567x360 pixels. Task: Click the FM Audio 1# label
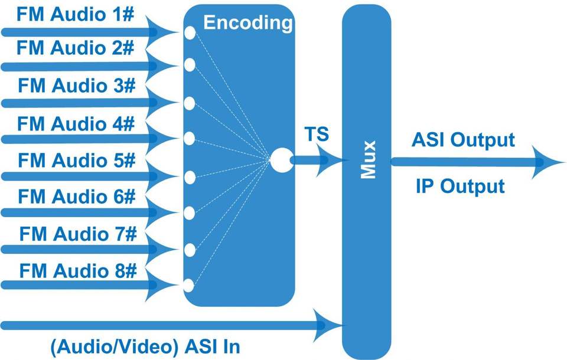click(x=75, y=14)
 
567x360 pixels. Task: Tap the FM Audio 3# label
click(x=77, y=86)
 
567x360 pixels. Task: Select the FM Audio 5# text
click(x=77, y=160)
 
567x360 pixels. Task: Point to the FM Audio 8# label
click(x=78, y=271)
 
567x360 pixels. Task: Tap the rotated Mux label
click(x=369, y=160)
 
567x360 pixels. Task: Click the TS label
click(x=317, y=134)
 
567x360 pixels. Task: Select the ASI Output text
click(x=463, y=140)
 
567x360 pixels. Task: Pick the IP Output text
click(x=460, y=187)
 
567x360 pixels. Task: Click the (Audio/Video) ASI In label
click(x=145, y=347)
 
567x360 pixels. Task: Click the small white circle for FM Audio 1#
click(x=190, y=33)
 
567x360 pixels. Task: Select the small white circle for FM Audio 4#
click(x=190, y=139)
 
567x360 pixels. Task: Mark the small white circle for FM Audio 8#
click(x=189, y=286)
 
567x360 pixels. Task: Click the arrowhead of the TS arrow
click(x=330, y=160)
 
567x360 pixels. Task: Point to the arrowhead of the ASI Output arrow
click(x=548, y=162)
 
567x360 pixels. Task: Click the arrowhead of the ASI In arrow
click(x=327, y=325)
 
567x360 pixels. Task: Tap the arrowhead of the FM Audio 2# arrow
click(x=162, y=66)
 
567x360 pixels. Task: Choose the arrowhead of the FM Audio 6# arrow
click(x=162, y=212)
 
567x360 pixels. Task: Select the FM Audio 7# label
click(x=78, y=234)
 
